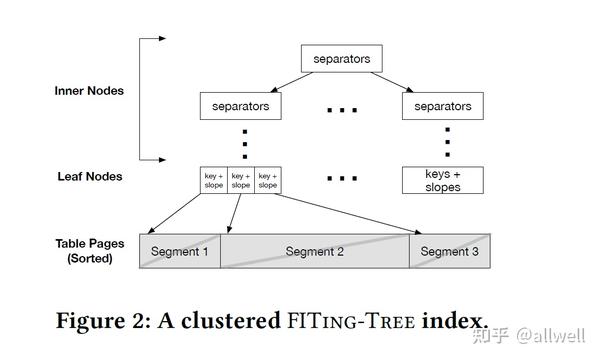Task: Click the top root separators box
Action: coord(342,59)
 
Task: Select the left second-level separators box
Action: coord(240,104)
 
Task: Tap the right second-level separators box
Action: coord(442,104)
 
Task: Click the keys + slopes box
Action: coord(442,180)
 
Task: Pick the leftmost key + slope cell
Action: coord(214,180)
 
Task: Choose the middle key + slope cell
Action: coord(241,180)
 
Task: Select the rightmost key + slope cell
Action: coord(268,180)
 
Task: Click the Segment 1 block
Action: coord(180,252)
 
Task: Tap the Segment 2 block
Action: coord(315,252)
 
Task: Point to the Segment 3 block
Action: coord(449,252)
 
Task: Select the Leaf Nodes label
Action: coord(90,177)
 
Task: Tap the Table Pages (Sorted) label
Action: coord(89,251)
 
